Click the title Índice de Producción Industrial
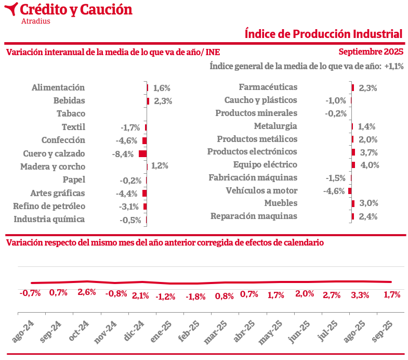pos(323,34)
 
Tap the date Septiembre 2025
pos(371,52)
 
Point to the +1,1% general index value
pos(394,66)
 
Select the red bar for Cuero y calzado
pos(142,154)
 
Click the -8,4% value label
pos(123,154)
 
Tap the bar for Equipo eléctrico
pos(353,165)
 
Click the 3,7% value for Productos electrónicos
pos(368,152)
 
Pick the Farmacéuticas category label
pos(268,87)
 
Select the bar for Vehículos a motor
pos(350,191)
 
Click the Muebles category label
pos(281,203)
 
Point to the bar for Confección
pos(144,140)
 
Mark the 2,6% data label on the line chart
pos(87,292)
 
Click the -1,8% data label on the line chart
pos(196,297)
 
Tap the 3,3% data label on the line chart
pos(360,295)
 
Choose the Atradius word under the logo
pos(36,21)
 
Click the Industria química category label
pos(49,219)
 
